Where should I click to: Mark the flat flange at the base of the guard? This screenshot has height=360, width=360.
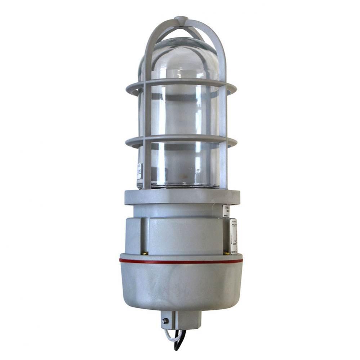(182, 197)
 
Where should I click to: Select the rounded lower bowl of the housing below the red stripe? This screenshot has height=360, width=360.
(180, 284)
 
